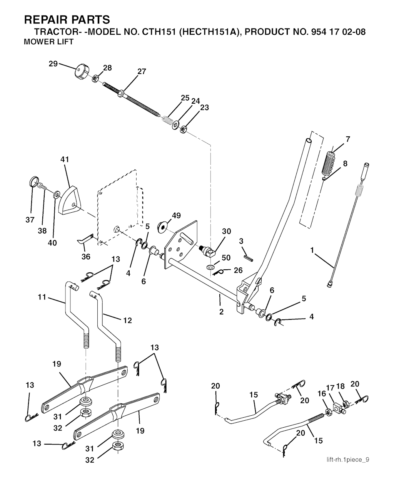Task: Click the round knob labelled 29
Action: pos(81,72)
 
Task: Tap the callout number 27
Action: pos(142,71)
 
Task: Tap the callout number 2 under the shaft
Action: pos(221,312)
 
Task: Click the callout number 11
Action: pos(42,297)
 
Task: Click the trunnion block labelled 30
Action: pos(209,251)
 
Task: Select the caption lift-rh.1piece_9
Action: pos(348,459)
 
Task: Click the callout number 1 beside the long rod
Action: pos(312,250)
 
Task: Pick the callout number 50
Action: pos(226,257)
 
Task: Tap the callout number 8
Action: pos(345,163)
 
